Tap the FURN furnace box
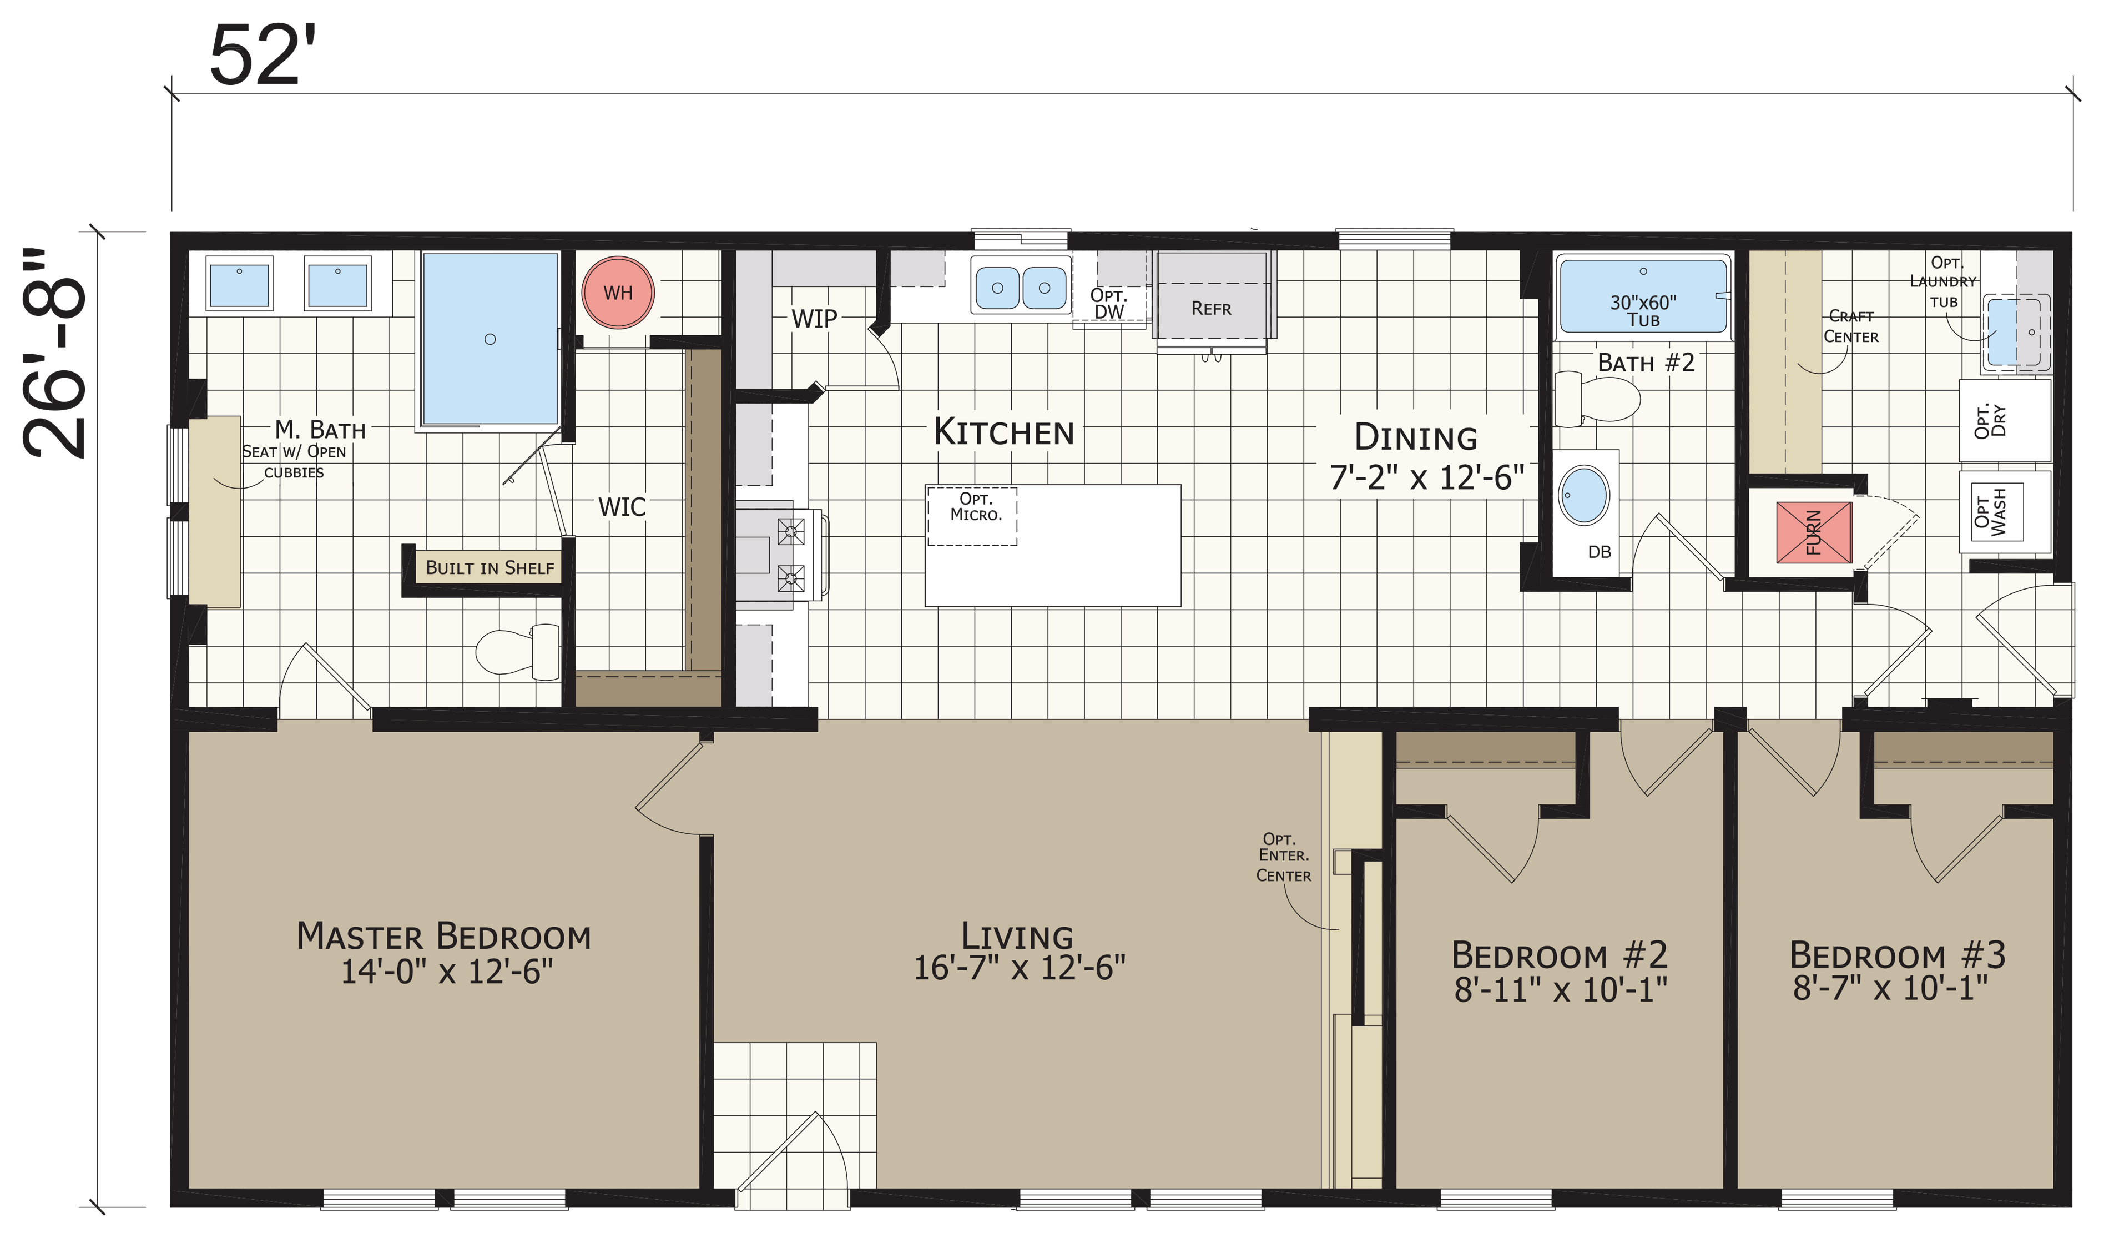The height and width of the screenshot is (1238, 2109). (1814, 532)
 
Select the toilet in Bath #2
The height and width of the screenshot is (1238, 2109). (1597, 399)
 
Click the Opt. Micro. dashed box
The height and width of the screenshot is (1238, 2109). (972, 516)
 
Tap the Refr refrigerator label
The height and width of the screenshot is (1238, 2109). (1211, 309)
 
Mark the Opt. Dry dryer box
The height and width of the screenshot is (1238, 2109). (2005, 420)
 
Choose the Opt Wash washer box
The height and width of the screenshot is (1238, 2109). (2005, 511)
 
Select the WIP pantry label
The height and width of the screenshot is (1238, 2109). (814, 319)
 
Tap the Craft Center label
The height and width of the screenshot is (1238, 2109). (1851, 326)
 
